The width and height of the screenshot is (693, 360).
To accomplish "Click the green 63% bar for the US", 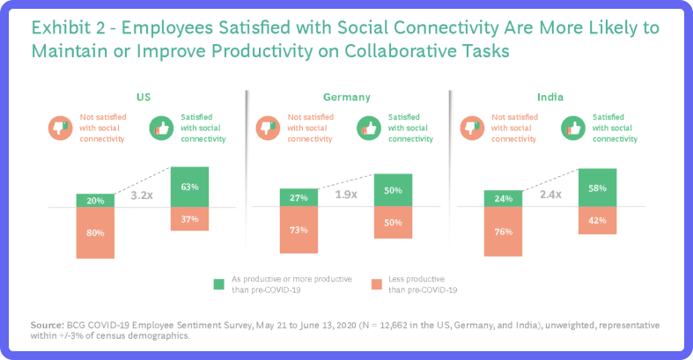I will [190, 187].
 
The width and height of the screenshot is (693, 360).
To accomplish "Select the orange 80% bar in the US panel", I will [95, 233].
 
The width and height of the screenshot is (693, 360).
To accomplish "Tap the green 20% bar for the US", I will [95, 201].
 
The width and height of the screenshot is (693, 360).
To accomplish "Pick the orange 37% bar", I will [190, 219].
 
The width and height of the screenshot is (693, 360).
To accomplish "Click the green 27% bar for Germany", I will [299, 198].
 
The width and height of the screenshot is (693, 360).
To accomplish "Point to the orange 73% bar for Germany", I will [299, 231].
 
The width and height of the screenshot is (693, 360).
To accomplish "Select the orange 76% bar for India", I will [503, 232].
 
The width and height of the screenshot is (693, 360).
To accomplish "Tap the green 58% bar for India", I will [598, 188].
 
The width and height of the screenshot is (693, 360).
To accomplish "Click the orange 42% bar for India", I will [598, 221].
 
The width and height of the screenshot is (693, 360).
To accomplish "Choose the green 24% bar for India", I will [503, 199].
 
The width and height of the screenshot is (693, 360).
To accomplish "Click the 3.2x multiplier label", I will [143, 198].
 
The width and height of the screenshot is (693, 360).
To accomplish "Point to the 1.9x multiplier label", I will [346, 195].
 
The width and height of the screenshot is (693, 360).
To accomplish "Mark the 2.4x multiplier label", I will [550, 195].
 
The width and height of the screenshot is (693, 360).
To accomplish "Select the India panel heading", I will [550, 98].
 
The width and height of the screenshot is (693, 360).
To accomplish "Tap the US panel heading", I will [143, 98].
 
